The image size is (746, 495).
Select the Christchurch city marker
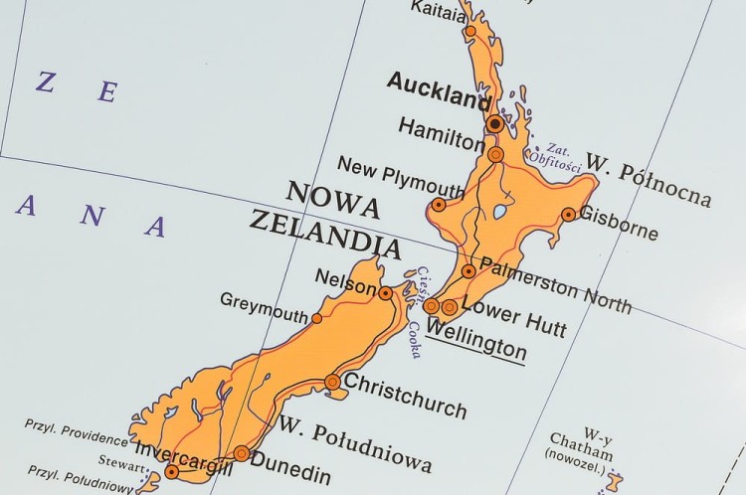point(332,383)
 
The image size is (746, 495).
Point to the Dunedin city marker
point(242,453)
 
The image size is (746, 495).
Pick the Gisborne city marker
point(568,214)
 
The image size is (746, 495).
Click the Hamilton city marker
point(495,154)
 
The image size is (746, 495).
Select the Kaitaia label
point(437,14)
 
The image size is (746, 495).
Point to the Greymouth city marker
point(317,318)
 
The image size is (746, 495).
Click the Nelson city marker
point(385,293)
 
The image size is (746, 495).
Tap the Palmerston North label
point(554,283)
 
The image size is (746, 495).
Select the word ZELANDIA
point(324,233)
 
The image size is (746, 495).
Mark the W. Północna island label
point(648,180)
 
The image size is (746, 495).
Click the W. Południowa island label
point(355,445)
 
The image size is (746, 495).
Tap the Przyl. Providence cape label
point(78,433)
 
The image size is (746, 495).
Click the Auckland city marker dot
point(495,123)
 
